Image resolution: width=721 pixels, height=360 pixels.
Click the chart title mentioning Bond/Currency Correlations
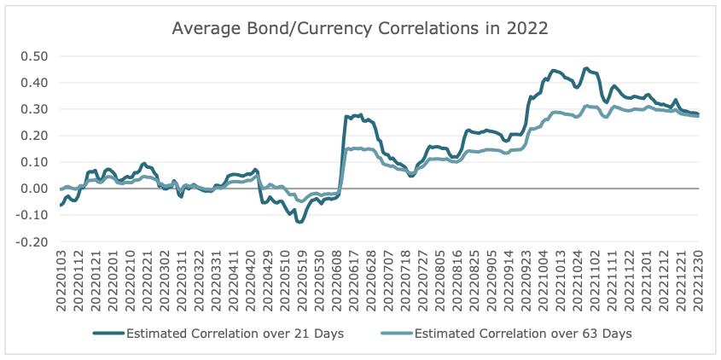point(359,27)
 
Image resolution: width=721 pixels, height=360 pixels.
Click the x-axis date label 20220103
point(61,281)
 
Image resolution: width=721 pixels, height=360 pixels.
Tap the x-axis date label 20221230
point(697,281)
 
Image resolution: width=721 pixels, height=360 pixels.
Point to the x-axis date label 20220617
point(350,281)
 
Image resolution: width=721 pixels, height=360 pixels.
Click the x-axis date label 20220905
point(490,281)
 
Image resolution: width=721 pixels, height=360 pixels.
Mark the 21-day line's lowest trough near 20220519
point(299,222)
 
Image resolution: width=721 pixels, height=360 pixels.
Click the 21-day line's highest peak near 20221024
point(586,68)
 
